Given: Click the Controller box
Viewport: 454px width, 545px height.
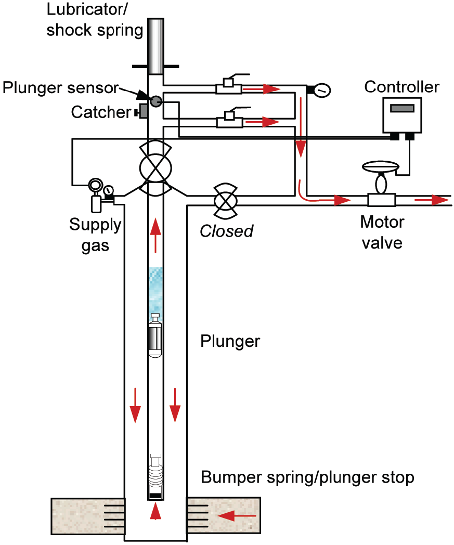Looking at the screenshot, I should tap(401, 114).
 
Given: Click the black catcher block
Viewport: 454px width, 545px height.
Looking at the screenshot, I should tap(139, 111).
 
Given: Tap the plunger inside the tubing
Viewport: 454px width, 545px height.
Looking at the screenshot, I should tap(155, 336).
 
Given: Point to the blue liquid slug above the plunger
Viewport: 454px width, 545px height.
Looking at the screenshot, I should tap(155, 289).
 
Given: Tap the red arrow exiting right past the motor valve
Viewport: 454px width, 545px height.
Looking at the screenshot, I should tap(432, 200).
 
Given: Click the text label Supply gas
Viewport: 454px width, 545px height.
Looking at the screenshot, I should tap(95, 235).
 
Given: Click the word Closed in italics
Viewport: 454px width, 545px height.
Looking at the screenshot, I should tap(227, 231).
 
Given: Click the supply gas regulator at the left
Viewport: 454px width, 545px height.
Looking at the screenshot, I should tap(96, 195).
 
